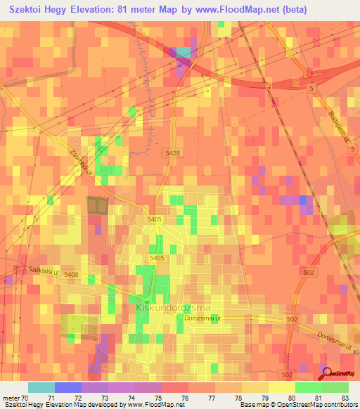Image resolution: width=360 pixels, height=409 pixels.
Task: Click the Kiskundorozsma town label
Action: click(x=164, y=307)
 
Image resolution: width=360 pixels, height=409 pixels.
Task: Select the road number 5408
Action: click(x=71, y=273)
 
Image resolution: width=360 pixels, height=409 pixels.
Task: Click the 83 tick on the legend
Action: click(x=345, y=398)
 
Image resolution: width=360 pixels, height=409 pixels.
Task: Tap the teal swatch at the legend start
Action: click(x=41, y=387)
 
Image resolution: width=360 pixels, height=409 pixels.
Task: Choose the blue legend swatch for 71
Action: click(x=68, y=387)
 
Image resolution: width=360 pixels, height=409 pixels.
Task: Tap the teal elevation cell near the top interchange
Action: click(x=184, y=53)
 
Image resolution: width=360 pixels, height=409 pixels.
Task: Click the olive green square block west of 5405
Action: click(x=98, y=205)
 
